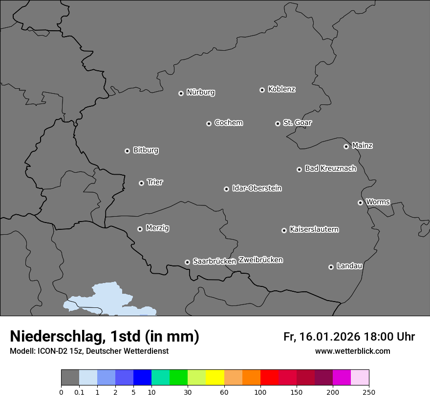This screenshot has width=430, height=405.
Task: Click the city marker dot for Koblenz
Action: [x=262, y=90]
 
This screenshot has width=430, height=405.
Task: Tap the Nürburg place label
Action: [x=201, y=92]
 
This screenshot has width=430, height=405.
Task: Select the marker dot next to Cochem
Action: [x=209, y=123]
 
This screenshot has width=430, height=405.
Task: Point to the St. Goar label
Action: [x=297, y=122]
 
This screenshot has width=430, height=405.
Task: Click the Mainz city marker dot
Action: [x=346, y=146]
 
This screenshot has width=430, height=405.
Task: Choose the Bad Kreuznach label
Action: [x=330, y=168]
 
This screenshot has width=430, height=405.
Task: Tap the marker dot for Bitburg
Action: [x=127, y=151]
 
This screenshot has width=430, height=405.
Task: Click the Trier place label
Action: [x=155, y=182]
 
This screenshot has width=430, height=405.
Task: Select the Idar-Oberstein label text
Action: [x=257, y=188]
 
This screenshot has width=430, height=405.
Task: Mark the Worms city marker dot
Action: [x=360, y=202]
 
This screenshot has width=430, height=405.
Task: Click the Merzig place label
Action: [x=157, y=228]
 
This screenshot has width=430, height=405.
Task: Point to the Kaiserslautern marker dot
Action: [x=284, y=230]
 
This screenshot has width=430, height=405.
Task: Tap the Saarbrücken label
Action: [x=215, y=261]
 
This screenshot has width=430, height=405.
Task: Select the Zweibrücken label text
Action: [x=260, y=260]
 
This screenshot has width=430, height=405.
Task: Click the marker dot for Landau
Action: [x=331, y=267]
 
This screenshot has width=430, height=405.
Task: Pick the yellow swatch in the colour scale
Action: [x=215, y=378]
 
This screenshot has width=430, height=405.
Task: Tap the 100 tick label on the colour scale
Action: [x=260, y=391]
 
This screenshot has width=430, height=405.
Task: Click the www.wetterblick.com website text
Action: [x=352, y=351]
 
